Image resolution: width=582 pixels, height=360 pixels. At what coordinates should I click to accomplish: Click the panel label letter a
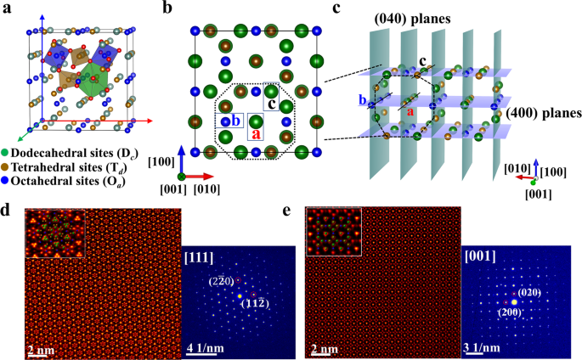click(7, 8)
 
